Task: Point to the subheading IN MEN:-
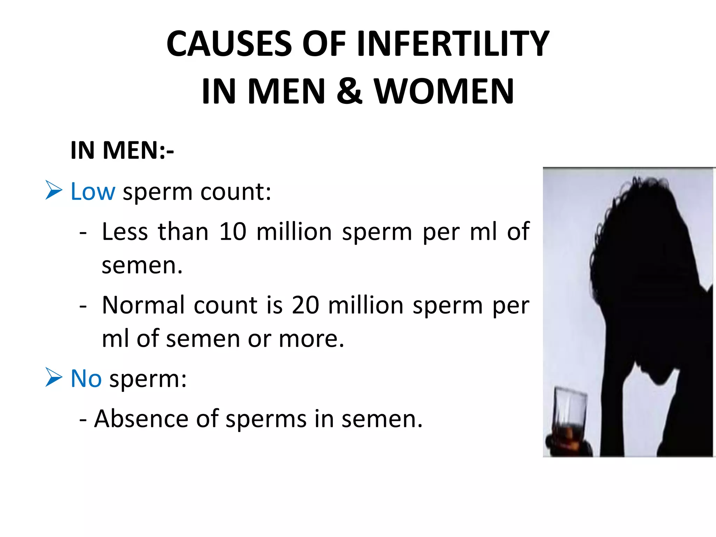122,150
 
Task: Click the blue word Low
93,192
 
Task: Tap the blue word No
86,378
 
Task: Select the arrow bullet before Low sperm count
54,191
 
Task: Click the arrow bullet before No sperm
54,378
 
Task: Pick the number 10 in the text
232,231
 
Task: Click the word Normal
143,305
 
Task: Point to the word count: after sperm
236,192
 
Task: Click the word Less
125,231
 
